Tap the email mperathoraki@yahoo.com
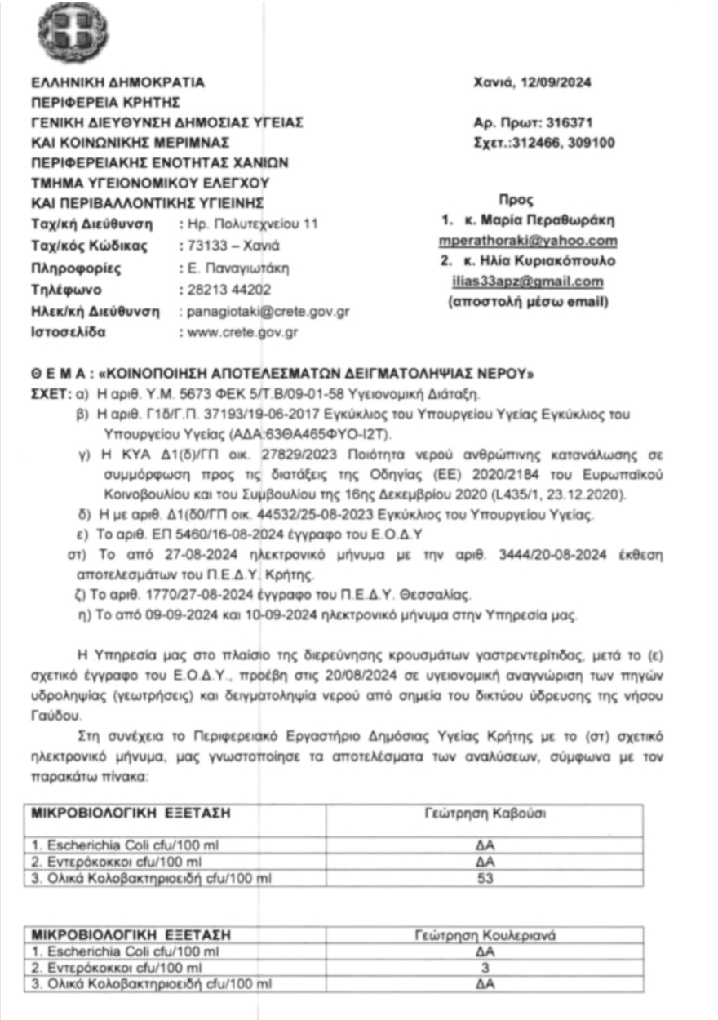point(528,241)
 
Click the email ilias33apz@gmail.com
point(528,282)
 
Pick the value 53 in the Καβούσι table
point(485,879)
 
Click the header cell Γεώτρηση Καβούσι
point(485,814)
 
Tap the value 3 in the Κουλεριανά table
point(485,968)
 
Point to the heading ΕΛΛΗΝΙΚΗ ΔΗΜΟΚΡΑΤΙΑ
point(117,82)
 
